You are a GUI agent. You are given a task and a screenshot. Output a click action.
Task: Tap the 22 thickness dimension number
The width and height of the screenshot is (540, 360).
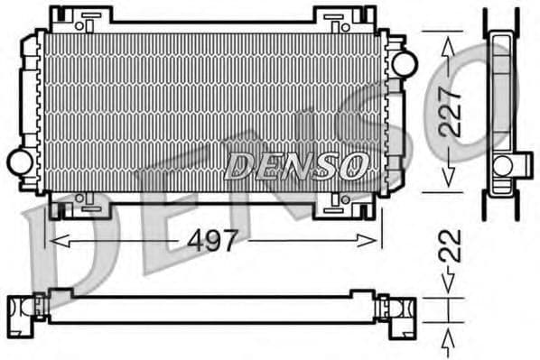point(452,246)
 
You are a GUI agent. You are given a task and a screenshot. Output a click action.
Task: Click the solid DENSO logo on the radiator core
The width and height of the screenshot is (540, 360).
point(297,164)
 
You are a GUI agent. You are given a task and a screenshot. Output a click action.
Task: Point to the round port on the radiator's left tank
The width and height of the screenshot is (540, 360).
point(20,162)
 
